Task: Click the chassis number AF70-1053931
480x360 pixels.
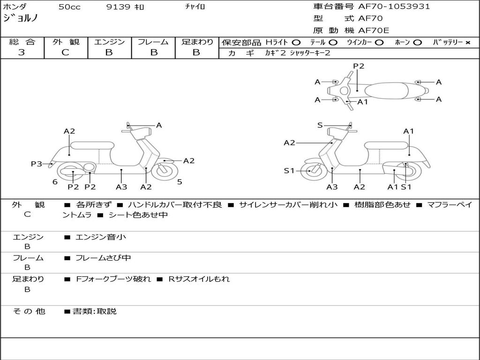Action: [394, 7]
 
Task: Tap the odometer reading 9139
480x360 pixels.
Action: [118, 7]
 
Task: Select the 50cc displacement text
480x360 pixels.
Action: [69, 7]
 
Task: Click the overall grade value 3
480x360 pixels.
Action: [22, 52]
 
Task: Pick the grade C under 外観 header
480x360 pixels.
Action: [65, 52]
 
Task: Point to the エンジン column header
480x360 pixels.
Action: [109, 42]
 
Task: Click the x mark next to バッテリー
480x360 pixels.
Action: [468, 43]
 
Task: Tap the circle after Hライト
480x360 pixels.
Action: [296, 43]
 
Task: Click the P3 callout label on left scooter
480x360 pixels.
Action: [37, 164]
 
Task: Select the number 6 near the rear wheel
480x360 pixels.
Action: [55, 182]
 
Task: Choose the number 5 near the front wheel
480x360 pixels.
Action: [180, 182]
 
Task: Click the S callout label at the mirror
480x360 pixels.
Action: [320, 125]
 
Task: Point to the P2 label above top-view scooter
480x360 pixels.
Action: [359, 66]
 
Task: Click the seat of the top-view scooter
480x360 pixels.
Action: [386, 91]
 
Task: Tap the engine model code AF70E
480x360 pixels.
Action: [374, 30]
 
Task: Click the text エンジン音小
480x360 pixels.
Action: [101, 237]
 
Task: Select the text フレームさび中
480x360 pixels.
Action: [103, 258]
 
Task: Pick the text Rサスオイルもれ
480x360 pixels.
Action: [199, 279]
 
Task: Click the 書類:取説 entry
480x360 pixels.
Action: [95, 311]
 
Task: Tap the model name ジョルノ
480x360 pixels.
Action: [20, 18]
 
